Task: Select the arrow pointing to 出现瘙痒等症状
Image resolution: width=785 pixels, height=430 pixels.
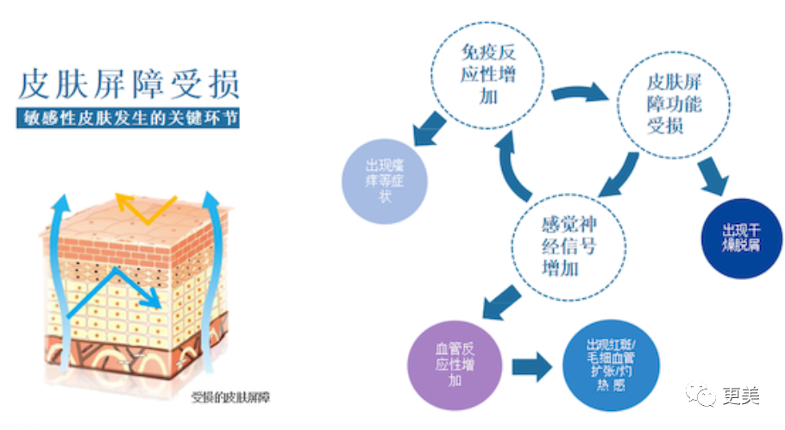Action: (429, 129)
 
